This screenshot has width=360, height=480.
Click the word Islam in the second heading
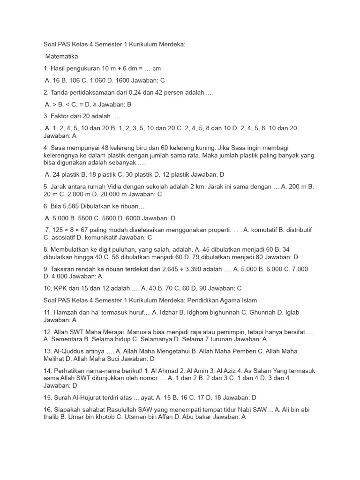coord(247,300)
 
